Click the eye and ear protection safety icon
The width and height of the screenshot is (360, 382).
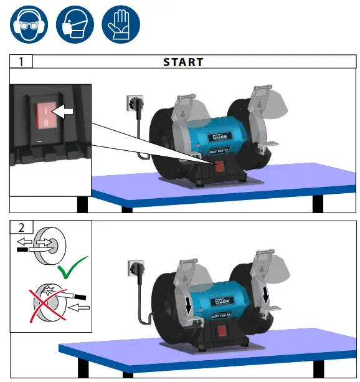(26, 24)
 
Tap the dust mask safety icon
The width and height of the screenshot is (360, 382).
(74, 24)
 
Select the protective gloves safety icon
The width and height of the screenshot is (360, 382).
(121, 24)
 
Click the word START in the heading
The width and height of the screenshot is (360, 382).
(183, 62)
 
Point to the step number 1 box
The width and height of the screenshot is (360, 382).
(21, 62)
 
